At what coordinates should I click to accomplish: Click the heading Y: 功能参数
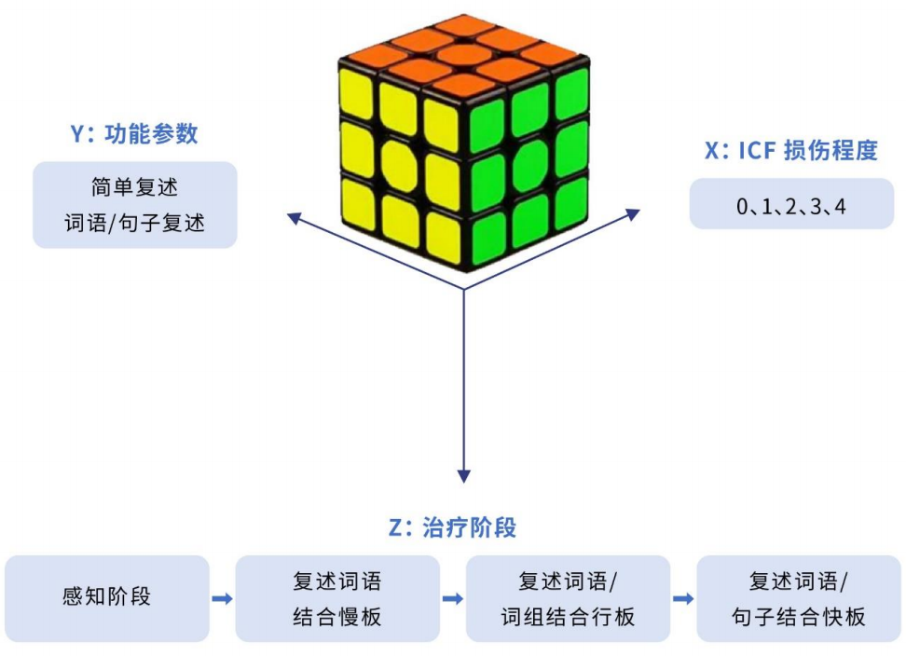coord(134,133)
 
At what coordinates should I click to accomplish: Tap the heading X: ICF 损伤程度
coord(791,150)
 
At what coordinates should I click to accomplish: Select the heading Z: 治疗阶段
coord(452,527)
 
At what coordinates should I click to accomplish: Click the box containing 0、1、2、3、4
coord(791,204)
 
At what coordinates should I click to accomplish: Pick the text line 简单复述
coord(134,187)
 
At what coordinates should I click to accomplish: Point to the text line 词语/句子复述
coord(134,223)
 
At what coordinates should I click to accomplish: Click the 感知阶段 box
coord(107,598)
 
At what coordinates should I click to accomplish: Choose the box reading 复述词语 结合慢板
coord(337,598)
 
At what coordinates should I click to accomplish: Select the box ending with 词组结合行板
coord(568,598)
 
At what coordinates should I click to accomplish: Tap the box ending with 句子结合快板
coord(799,598)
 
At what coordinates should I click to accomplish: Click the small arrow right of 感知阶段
coord(222,599)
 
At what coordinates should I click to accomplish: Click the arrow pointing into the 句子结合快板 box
coord(683,599)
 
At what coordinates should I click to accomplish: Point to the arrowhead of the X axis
coord(634,214)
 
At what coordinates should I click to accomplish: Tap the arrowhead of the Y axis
coord(295,218)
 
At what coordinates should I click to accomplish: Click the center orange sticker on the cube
coord(464,56)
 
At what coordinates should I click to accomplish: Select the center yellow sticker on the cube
coord(399,166)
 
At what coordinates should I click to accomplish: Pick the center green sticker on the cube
coord(530,166)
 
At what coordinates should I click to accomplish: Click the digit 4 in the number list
coord(840,206)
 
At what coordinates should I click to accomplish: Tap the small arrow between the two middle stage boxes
coord(452,599)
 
